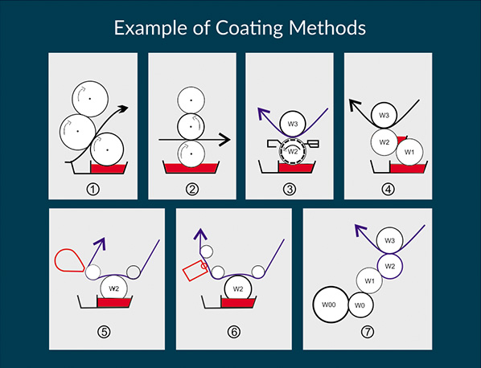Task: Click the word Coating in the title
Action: coord(249,28)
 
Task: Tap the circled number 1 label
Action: coord(93,190)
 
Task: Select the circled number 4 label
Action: coord(388,190)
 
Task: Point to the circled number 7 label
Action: coord(368,332)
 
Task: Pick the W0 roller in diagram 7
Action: coord(360,305)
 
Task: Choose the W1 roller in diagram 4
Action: coord(409,152)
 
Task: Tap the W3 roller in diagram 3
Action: coord(293,124)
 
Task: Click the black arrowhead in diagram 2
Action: coord(224,140)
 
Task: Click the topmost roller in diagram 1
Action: coord(90,99)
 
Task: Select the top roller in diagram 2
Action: coord(191,100)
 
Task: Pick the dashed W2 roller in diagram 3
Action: coord(293,151)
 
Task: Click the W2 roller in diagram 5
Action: coord(113,288)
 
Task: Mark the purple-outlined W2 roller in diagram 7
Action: coord(389,266)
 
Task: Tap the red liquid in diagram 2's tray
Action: coord(191,169)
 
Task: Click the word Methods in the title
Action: coord(327,27)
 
